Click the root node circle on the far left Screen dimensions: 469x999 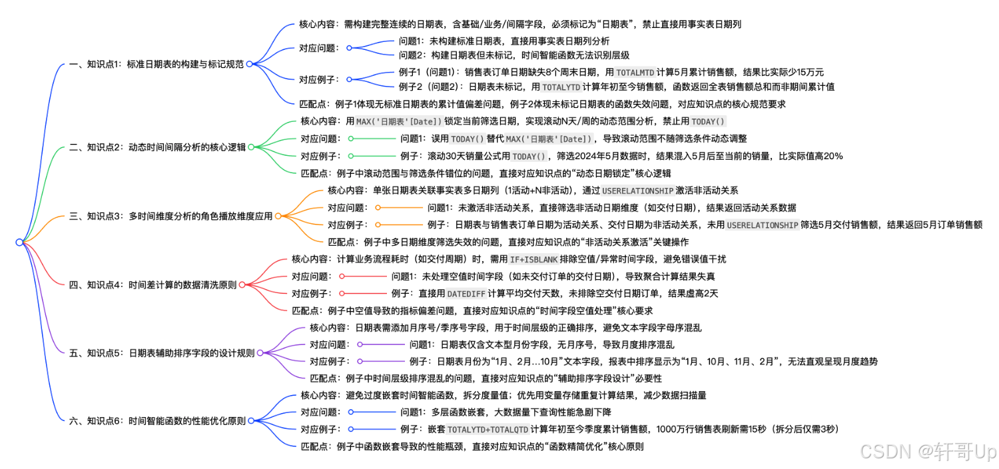click(19, 242)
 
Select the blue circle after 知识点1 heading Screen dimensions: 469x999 click(249, 65)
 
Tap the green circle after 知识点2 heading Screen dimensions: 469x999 click(251, 147)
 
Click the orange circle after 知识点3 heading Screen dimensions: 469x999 click(278, 216)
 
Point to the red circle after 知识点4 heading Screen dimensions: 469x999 click(242, 284)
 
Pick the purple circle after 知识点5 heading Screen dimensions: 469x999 click(260, 353)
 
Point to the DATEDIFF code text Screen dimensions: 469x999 click(467, 294)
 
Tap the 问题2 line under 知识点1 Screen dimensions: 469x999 click(513, 55)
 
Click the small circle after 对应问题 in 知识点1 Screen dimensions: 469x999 click(349, 48)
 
